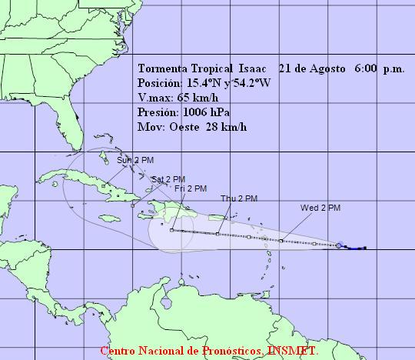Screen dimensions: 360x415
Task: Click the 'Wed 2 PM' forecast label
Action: (x=320, y=208)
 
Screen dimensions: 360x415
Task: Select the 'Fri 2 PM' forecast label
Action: (x=190, y=188)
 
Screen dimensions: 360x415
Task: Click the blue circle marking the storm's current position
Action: (x=340, y=246)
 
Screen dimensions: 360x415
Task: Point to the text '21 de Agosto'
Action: (x=310, y=68)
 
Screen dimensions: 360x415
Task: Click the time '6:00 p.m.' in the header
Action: (x=380, y=68)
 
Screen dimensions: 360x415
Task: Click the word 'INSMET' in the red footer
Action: (x=293, y=352)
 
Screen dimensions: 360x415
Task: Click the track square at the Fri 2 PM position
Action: (x=171, y=230)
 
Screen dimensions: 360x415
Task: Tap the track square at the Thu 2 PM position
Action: (x=217, y=233)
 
